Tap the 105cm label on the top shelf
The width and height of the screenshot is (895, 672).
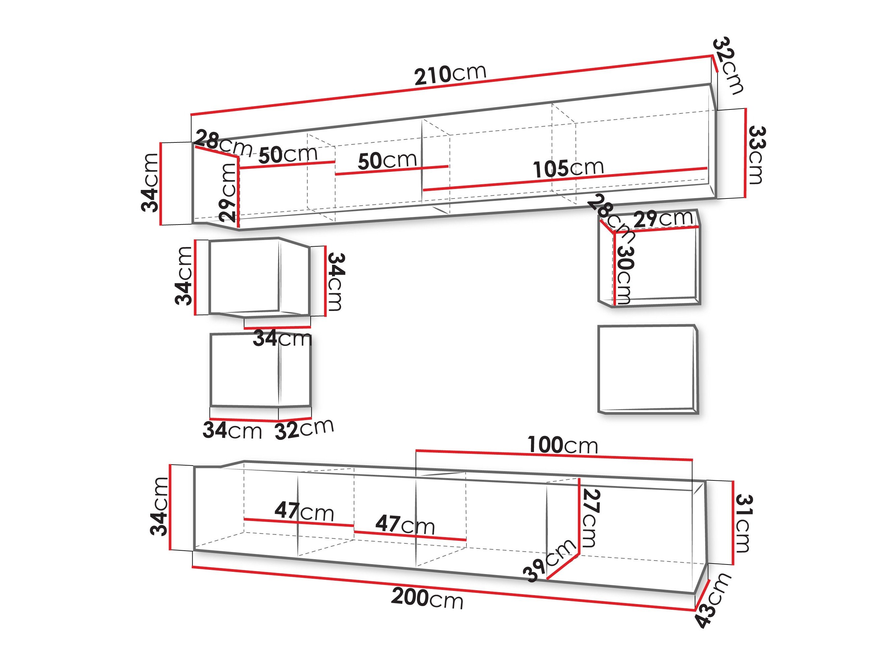568,168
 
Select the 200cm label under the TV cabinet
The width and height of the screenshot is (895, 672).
427,598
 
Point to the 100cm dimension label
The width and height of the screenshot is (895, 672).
562,445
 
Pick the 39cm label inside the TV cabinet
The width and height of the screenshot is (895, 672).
549,560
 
